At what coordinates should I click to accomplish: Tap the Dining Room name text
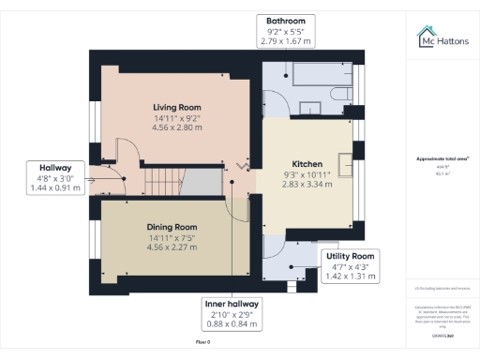coord(172,227)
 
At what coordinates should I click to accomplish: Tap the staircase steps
coord(161,182)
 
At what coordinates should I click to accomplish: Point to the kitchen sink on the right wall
coord(345,163)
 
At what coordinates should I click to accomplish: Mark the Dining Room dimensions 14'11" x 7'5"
coord(172,237)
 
